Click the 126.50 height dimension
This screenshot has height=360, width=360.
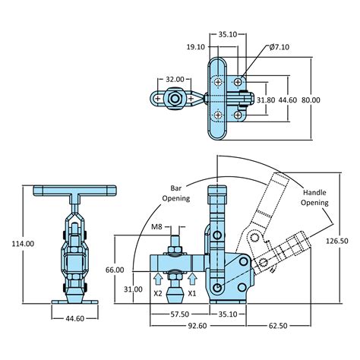(x=336, y=241)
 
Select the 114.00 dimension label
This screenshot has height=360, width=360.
(x=23, y=244)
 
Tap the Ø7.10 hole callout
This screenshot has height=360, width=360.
(x=279, y=47)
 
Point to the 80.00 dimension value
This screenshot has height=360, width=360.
(x=311, y=100)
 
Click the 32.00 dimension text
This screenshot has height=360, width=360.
(x=175, y=79)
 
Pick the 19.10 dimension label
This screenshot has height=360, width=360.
(x=196, y=47)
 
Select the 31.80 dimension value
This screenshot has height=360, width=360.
(x=266, y=100)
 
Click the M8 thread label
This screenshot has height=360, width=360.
(x=156, y=226)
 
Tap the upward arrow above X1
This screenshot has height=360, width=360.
(x=192, y=279)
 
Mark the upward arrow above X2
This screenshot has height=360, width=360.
(x=158, y=279)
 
